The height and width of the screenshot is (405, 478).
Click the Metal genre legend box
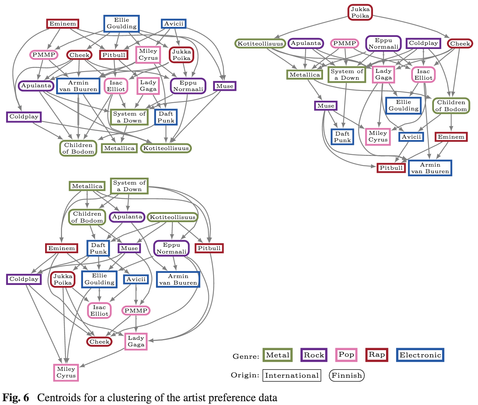pos(278,355)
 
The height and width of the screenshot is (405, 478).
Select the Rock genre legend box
pos(314,355)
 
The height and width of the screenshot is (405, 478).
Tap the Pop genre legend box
pos(346,355)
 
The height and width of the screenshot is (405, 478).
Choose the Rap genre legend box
pos(377,355)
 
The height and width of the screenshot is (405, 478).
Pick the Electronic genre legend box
pos(420,355)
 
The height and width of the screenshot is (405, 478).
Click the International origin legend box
pos(292,375)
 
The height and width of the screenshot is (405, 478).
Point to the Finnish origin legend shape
pos(347,375)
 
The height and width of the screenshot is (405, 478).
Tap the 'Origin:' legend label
pos(245,375)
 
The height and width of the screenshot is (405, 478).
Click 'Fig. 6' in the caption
pos(16,397)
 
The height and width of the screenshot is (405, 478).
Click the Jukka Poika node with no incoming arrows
pos(360,12)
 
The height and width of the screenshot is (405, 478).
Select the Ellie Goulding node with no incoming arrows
pos(122,23)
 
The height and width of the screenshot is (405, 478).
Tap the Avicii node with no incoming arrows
pos(174,24)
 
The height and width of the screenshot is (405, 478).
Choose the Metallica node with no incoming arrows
pos(87,186)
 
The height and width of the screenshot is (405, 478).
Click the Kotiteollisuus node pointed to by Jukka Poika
pos(260,43)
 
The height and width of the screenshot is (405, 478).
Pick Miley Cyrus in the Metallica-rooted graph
pos(66,372)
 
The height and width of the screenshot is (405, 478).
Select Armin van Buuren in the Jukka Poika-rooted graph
pos(430,168)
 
